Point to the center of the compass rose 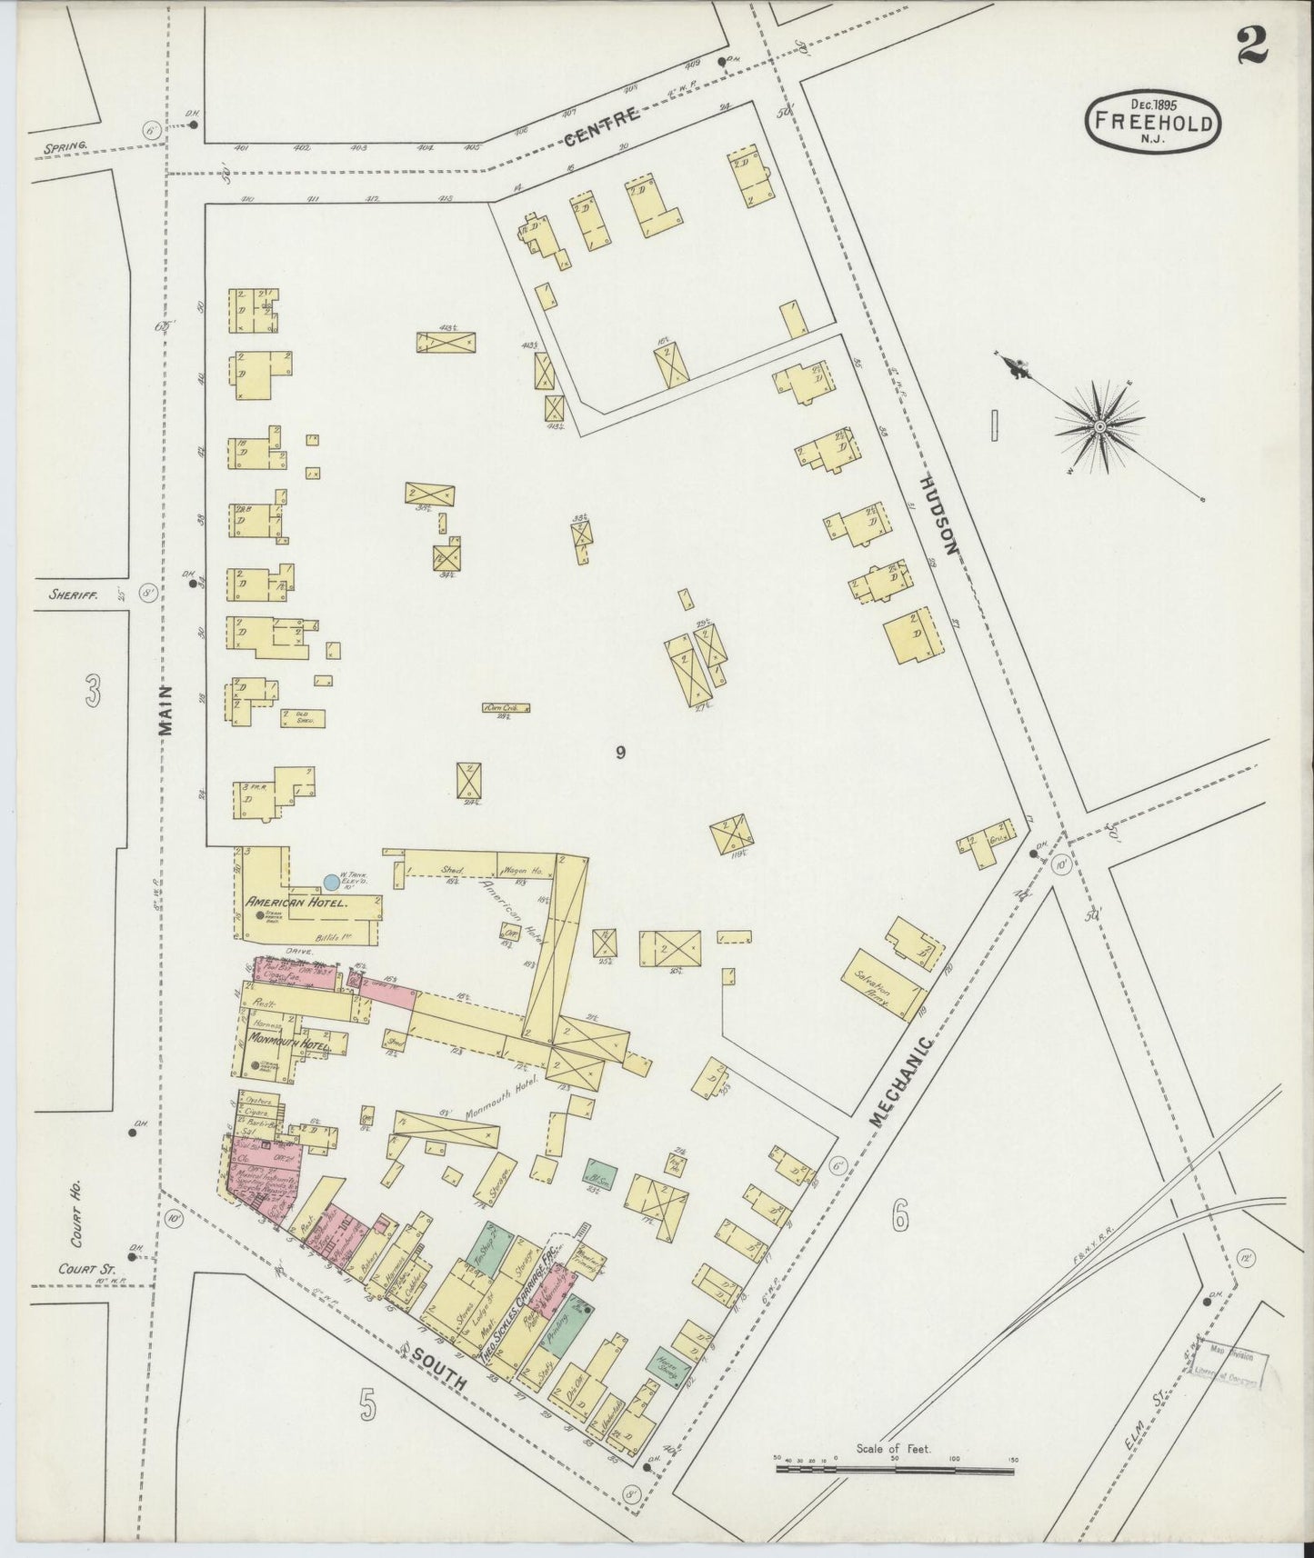point(1099,425)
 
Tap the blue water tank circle point(332,882)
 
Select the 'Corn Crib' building point(507,707)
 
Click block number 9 point(620,752)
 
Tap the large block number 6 point(899,1215)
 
